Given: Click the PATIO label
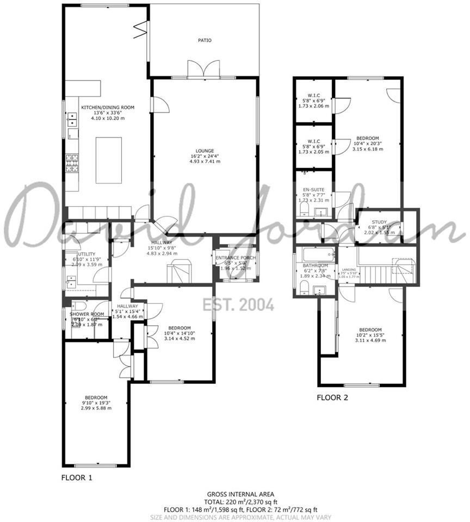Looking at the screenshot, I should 205,40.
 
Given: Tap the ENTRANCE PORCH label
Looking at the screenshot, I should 236,258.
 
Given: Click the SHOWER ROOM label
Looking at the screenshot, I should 86,314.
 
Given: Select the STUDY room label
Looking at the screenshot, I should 379,222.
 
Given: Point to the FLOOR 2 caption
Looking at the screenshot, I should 332,397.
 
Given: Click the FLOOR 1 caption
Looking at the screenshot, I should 77,478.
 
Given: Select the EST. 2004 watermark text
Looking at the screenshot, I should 238,305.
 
